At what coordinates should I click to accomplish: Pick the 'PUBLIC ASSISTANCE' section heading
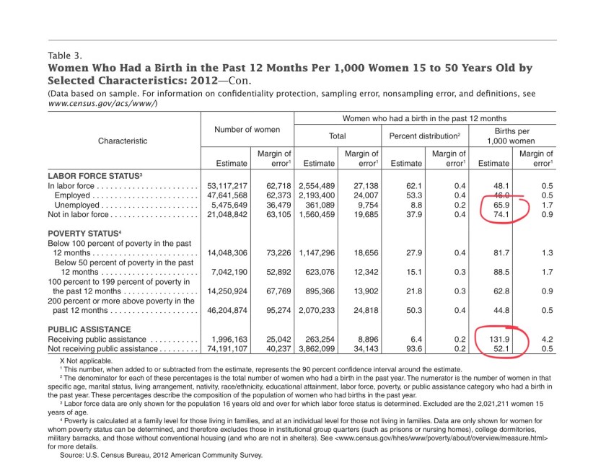pyautogui.click(x=89, y=329)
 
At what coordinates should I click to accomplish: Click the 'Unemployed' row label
pyautogui.click(x=81, y=205)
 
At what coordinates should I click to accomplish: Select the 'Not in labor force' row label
pyautogui.click(x=78, y=215)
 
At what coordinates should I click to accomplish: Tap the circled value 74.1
pyautogui.click(x=500, y=215)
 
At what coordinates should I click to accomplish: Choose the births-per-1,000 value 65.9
pyautogui.click(x=500, y=205)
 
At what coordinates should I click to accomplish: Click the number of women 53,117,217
pyautogui.click(x=227, y=185)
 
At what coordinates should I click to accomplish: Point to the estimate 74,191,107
pyautogui.click(x=227, y=348)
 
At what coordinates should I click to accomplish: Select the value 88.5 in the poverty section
pyautogui.click(x=500, y=273)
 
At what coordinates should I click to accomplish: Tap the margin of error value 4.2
pyautogui.click(x=547, y=339)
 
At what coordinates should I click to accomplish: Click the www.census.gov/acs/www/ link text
pyautogui.click(x=102, y=104)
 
